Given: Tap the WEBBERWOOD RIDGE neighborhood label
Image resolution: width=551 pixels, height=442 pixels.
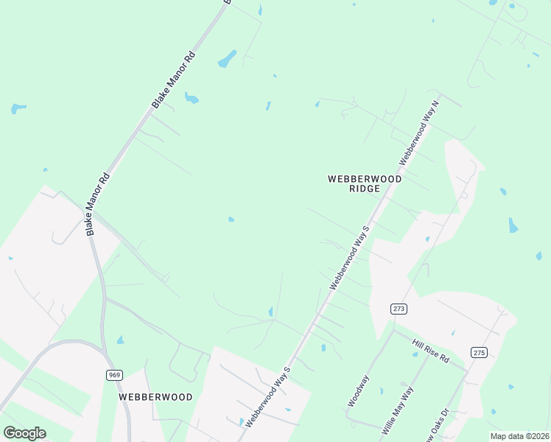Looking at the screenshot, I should point(365,183).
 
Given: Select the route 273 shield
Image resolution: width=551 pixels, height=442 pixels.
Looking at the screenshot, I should point(399,309).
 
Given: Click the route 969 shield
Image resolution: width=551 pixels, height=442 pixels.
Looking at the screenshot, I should point(114,375).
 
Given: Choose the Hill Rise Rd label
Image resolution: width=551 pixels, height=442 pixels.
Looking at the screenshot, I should point(431,351).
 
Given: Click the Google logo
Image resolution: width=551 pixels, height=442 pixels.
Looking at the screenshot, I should point(24,433).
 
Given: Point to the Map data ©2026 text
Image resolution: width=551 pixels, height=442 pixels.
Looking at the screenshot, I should point(519,436).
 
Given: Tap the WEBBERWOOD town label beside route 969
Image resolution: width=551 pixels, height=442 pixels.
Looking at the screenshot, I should point(155,396).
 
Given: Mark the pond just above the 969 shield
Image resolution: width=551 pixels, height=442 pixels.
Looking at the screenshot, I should point(120,340).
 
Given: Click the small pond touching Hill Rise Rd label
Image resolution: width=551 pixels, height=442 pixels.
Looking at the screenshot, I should point(415,354).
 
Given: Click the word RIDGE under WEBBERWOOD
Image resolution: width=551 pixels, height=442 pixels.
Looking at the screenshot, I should point(365,189).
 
